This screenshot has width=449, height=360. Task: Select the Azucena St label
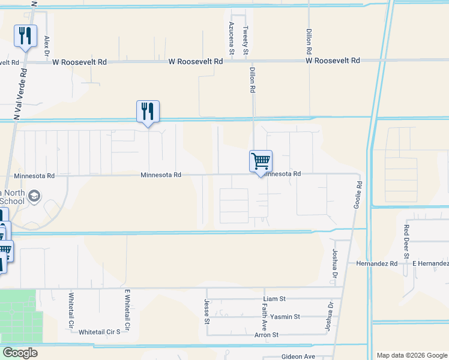[x=231, y=36]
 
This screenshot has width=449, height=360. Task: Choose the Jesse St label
[x=206, y=311]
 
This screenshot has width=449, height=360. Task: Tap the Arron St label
[x=267, y=335]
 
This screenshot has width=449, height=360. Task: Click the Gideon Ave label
[x=298, y=356]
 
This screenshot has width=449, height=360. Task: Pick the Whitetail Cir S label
[x=100, y=332]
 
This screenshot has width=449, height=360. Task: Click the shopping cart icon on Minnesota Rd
[x=261, y=161]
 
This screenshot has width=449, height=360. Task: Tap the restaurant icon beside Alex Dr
[x=25, y=36]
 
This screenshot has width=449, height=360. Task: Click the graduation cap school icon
[x=35, y=195]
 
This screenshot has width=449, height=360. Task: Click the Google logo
[x=20, y=353]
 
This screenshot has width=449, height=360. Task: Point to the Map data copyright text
[x=412, y=355]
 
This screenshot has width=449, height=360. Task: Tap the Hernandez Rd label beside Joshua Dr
[x=377, y=263]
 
